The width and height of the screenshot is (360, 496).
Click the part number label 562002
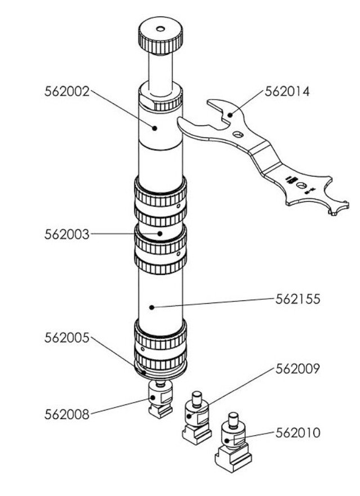67,91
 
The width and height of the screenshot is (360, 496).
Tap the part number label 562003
67,234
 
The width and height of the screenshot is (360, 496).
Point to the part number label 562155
298,299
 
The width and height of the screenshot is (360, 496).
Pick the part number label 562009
298,369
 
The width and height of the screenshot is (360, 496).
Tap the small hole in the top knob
160,29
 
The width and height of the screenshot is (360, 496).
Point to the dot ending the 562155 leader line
152,307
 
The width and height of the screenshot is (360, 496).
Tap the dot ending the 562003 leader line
160,233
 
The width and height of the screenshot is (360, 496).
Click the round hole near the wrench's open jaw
238,134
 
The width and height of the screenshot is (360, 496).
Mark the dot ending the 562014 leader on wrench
230,115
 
